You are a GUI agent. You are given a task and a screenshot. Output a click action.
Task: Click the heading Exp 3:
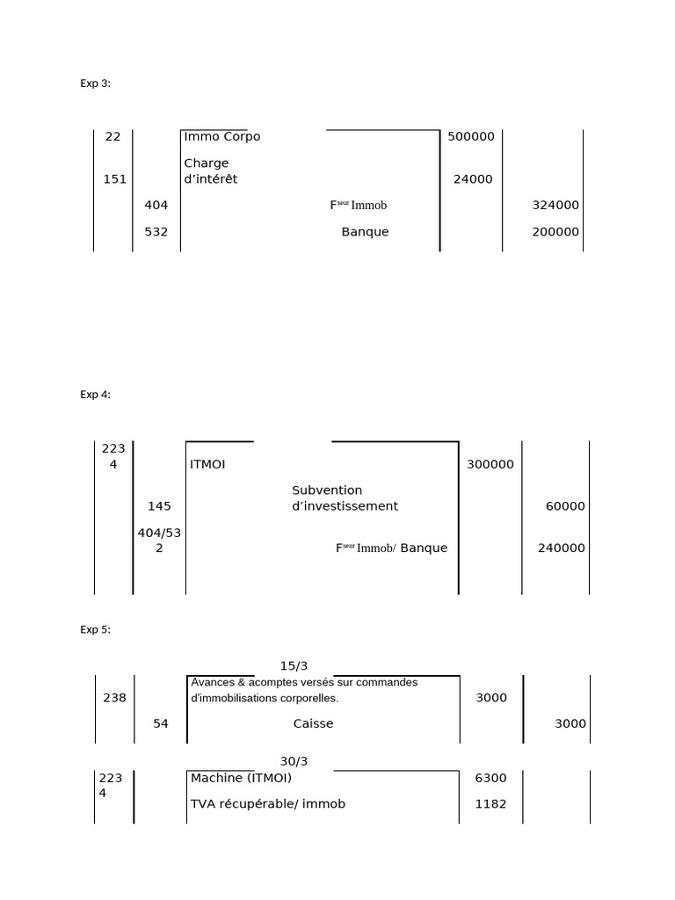coord(96,83)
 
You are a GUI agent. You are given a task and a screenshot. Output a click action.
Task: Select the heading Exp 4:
coord(96,395)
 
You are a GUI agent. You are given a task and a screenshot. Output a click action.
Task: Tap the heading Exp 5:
coord(96,629)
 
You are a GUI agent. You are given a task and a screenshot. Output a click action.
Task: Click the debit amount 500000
coord(471,136)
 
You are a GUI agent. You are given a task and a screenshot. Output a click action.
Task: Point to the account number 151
coord(114,179)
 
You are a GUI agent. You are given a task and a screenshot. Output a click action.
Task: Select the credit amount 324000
coord(555,205)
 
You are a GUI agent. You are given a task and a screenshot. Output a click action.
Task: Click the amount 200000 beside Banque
coord(555,232)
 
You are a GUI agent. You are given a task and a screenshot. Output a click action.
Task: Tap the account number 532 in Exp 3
coord(156,232)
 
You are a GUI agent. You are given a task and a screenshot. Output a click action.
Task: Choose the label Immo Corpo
coord(222,136)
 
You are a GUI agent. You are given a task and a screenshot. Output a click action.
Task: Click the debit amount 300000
coord(490,464)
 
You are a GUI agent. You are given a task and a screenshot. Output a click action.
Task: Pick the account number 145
coord(159,506)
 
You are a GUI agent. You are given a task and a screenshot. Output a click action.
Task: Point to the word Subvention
coord(327,490)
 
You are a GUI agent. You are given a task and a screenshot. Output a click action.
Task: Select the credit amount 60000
coord(565,506)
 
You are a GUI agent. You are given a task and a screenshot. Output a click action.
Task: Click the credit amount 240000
coord(561,548)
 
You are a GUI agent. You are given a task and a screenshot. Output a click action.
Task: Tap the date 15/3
coord(294,666)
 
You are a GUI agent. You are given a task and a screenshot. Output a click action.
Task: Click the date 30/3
coord(294,761)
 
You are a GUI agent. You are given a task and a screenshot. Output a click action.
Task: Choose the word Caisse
coord(314,723)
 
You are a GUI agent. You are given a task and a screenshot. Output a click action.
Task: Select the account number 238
coord(114,698)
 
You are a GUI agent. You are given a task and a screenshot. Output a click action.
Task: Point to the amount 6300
coord(490,778)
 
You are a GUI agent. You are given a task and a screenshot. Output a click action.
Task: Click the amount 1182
coord(490,803)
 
